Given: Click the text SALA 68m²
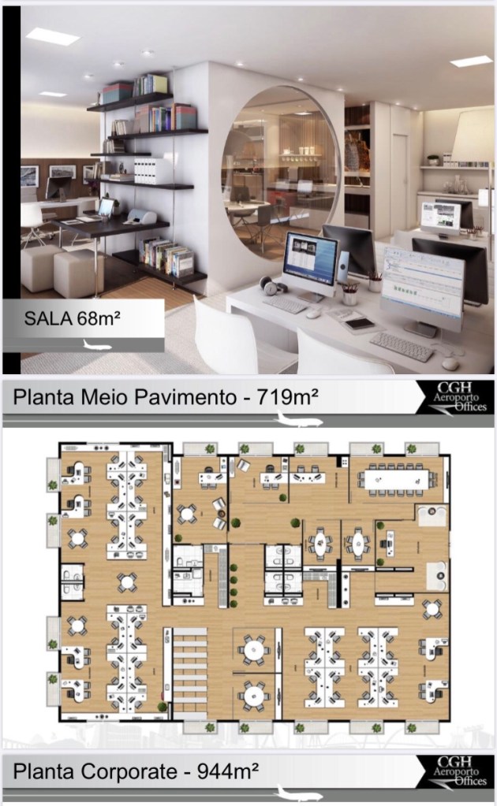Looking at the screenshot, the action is pyautogui.click(x=72, y=318).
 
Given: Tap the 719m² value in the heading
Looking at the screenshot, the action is pyautogui.click(x=288, y=397).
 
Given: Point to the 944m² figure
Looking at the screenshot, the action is pyautogui.click(x=228, y=771).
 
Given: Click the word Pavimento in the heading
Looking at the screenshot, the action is pyautogui.click(x=185, y=397).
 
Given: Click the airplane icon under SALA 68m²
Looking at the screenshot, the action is pyautogui.click(x=97, y=344).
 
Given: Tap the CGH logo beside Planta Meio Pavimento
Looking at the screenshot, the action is pyautogui.click(x=455, y=397).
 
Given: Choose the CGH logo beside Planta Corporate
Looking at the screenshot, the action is pyautogui.click(x=455, y=771).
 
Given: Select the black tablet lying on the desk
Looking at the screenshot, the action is pyautogui.click(x=359, y=323).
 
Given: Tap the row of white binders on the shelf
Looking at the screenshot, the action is pyautogui.click(x=148, y=171).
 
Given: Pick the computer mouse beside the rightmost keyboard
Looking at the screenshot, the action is pyautogui.click(x=450, y=364).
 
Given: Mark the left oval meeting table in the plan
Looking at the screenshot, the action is pyautogui.click(x=320, y=542).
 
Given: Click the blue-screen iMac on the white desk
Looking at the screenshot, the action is pyautogui.click(x=309, y=266).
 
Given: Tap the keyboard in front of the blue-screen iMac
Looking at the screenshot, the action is pyautogui.click(x=286, y=304).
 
